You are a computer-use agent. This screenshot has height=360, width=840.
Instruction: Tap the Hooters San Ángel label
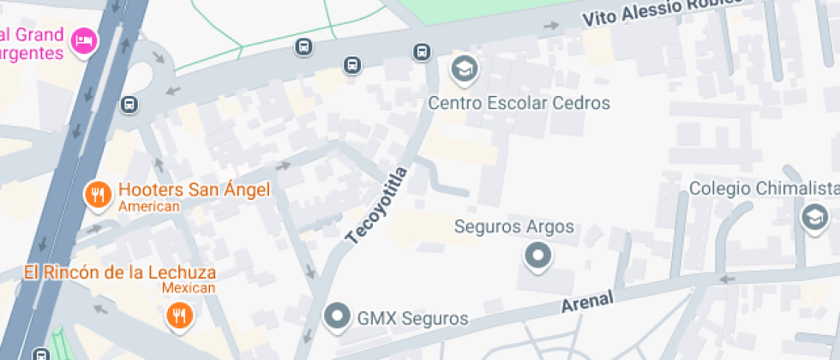194,189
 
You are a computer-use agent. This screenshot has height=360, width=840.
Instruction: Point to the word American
149,207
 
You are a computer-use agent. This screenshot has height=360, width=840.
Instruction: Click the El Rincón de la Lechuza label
119,273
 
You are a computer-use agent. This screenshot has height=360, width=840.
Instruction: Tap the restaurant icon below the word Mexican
180,316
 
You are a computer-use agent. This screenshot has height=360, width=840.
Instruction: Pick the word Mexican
189,288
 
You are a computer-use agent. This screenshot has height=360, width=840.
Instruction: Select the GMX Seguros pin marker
338,317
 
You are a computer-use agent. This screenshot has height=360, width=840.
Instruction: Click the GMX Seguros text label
412,319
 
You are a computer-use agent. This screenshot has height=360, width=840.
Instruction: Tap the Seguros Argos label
513,228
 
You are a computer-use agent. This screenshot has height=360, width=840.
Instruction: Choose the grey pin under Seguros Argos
537,255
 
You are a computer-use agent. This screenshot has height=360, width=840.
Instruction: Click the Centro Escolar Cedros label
519,104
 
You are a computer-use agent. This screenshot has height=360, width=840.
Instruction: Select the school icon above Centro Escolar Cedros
465,67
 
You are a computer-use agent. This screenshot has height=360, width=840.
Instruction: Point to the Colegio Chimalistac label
764,189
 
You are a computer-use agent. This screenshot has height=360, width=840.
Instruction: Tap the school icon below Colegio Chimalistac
813,217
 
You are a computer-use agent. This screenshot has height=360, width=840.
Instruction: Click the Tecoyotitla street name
376,206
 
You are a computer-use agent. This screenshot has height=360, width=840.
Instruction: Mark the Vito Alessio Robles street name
661,11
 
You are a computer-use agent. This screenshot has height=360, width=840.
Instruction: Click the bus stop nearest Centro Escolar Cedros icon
421,51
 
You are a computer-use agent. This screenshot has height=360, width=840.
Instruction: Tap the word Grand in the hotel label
38,35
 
